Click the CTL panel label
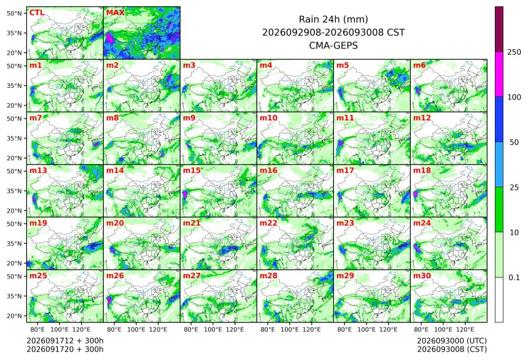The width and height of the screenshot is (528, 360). pos(37,13)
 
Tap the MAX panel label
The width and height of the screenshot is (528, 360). pos(115,13)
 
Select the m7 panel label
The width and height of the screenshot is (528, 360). pos(36,118)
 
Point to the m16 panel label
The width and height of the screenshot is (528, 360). pos(268,171)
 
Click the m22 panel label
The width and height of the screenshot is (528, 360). pos(268,223)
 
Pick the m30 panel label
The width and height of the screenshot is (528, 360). pos(422,276)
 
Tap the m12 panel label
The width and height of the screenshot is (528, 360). pos(422,118)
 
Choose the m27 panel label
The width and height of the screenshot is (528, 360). pos(192,276)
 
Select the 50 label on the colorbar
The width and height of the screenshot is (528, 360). pos(514,143)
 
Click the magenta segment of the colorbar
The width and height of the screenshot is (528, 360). pos(499,74)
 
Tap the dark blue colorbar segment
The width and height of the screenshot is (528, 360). pos(499,120)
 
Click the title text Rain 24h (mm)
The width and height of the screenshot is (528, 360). pos(333,19)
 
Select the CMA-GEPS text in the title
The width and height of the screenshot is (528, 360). pos(333,45)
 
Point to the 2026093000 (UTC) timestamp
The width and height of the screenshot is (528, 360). pos(452,341)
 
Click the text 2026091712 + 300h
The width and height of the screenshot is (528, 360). pos(65,341)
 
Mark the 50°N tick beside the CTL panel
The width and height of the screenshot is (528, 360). pos(14,13)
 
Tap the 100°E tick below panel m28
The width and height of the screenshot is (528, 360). pos(290,329)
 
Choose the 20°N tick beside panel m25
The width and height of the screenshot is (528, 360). pos(14,316)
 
